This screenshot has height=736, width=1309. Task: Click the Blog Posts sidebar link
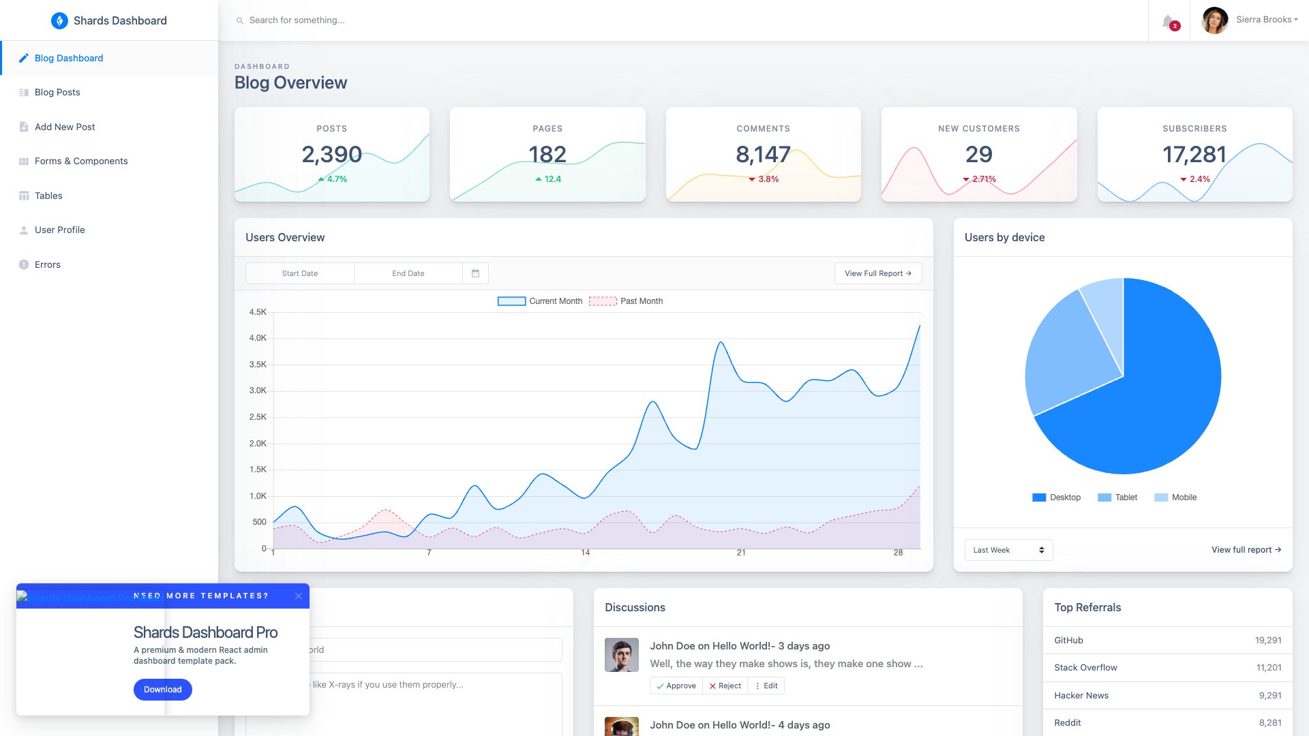click(x=57, y=92)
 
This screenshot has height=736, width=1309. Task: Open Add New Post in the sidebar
click(x=65, y=127)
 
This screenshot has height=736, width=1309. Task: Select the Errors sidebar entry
click(x=47, y=264)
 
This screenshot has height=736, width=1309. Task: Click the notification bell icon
click(x=1169, y=21)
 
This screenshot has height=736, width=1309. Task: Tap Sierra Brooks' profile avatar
click(x=1214, y=20)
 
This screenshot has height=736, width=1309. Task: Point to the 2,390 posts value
click(x=331, y=155)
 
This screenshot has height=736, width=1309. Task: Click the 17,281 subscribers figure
click(x=1194, y=155)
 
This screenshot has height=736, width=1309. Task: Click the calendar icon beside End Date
click(x=475, y=273)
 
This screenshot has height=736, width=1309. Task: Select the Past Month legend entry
click(x=626, y=301)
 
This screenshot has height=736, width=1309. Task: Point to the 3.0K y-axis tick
click(x=258, y=390)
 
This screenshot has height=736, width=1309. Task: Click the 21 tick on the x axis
click(x=741, y=553)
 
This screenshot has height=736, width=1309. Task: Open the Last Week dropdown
click(x=1008, y=550)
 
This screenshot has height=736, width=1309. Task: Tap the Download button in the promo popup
click(x=162, y=690)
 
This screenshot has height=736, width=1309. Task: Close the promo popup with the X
click(x=299, y=596)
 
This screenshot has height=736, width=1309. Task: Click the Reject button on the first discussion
click(x=725, y=686)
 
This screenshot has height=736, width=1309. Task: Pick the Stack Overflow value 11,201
click(x=1268, y=668)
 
